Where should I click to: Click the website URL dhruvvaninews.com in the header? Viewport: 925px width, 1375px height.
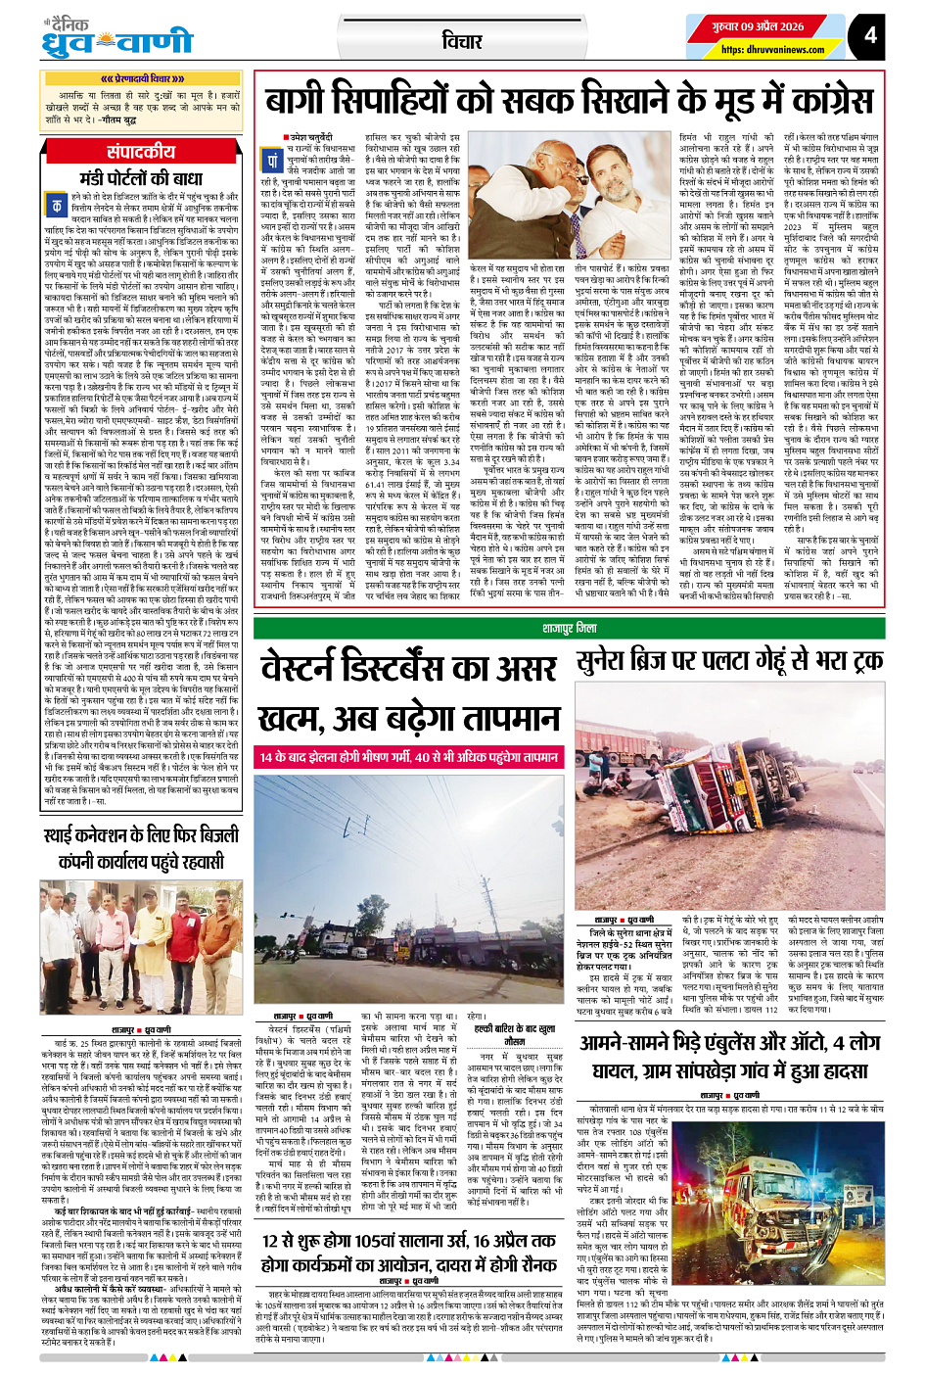pyautogui.click(x=772, y=50)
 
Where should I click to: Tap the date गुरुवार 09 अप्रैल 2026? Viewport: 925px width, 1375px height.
pyautogui.click(x=759, y=26)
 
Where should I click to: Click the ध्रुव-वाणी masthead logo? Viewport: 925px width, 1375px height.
pyautogui.click(x=117, y=40)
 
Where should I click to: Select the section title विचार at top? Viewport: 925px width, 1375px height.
pyautogui.click(x=462, y=40)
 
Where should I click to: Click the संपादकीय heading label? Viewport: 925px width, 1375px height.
pyautogui.click(x=141, y=152)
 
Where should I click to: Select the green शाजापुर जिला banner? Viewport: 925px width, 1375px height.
pyautogui.click(x=569, y=628)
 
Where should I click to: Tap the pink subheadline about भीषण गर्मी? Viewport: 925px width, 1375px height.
pyautogui.click(x=409, y=757)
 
